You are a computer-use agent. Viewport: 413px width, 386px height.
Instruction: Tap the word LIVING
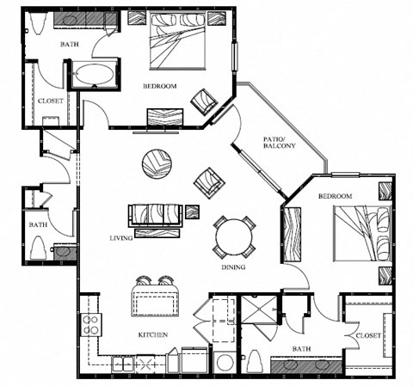pos(121,237)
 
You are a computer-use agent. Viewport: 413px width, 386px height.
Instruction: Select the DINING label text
pos(232,267)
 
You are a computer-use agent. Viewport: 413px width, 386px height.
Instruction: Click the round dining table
pos(233,234)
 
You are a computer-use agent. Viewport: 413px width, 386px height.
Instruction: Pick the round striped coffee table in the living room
pos(157,163)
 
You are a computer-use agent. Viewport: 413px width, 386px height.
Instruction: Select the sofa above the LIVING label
pos(156,214)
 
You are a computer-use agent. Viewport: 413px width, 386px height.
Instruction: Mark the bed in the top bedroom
pos(178,41)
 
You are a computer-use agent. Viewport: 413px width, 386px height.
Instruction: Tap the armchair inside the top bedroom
pos(205,101)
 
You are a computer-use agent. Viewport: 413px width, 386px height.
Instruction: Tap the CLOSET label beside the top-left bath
pos(49,101)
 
